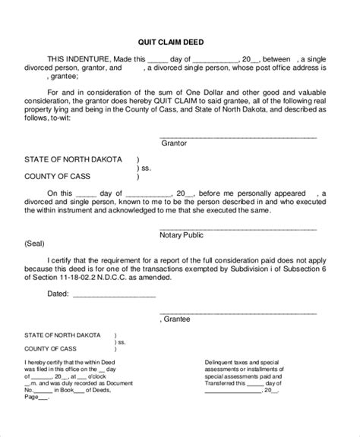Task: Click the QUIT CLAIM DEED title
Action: (180, 42)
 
